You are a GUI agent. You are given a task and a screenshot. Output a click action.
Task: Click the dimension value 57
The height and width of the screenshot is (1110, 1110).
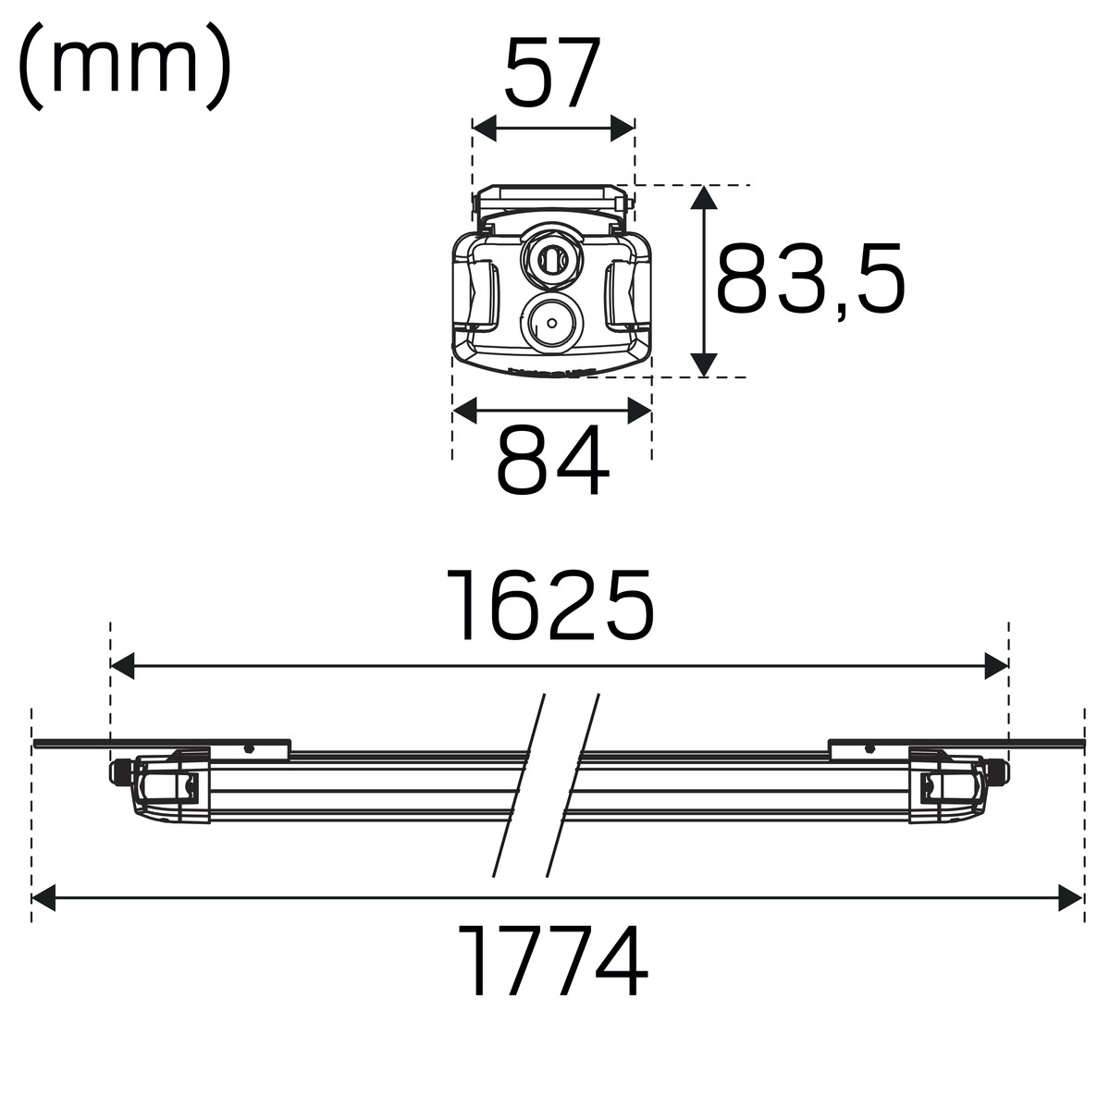click(x=552, y=72)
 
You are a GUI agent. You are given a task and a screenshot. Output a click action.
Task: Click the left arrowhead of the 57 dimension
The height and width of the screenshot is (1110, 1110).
click(x=485, y=128)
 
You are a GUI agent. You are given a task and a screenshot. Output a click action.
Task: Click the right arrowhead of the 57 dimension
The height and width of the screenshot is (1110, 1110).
click(x=623, y=128)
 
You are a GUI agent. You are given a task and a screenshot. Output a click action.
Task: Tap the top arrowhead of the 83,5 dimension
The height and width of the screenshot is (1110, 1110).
click(x=704, y=198)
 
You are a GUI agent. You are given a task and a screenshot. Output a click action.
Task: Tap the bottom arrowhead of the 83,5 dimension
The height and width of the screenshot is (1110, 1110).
click(x=704, y=365)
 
